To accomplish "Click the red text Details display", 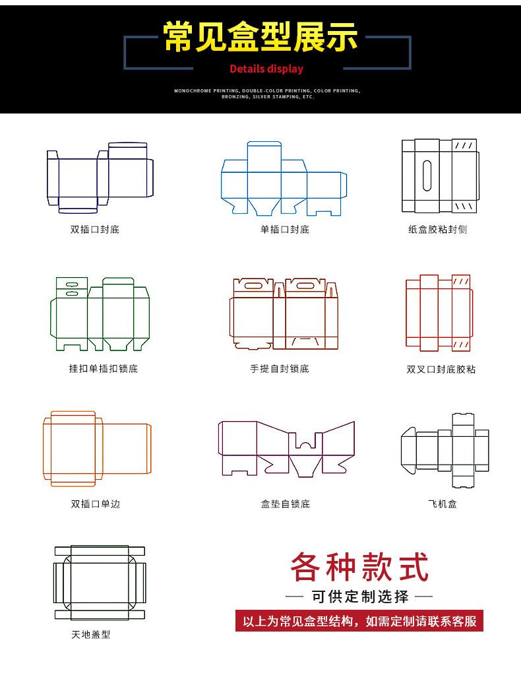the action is (x=266, y=69).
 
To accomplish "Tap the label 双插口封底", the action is (x=95, y=230).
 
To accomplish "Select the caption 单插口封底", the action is (x=284, y=230).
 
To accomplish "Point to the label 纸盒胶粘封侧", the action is (x=437, y=230).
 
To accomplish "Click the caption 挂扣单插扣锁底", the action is (x=104, y=368).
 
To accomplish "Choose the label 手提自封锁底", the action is (x=280, y=368).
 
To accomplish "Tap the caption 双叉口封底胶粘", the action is (x=441, y=369).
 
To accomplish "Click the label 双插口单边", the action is (x=96, y=504).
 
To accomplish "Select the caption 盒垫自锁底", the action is (x=285, y=504).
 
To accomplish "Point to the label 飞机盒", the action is (x=442, y=504).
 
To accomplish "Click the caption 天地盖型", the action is (x=91, y=634).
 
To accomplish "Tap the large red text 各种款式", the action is (x=359, y=567).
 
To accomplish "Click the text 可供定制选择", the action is (x=359, y=597).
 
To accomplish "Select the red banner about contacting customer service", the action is (x=359, y=621).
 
